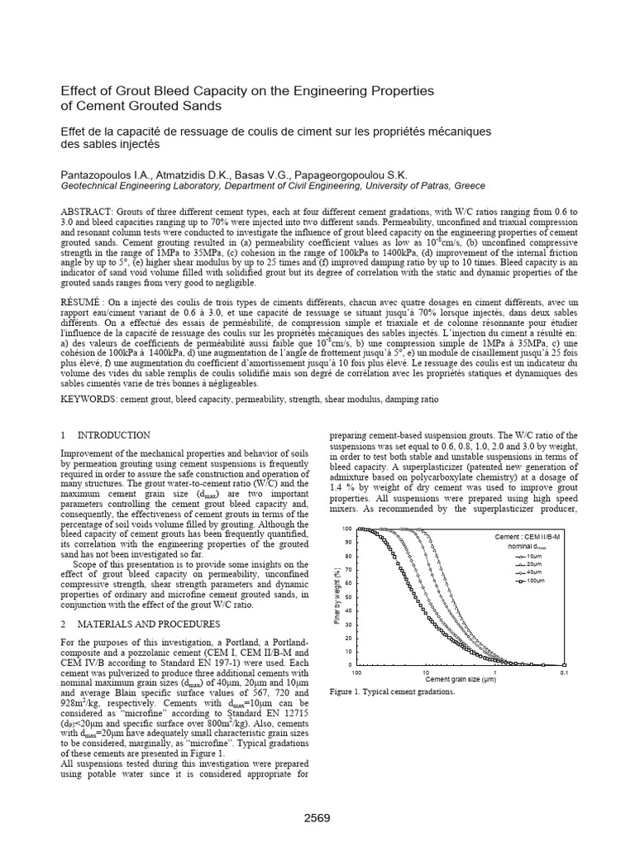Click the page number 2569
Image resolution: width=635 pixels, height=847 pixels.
click(x=317, y=818)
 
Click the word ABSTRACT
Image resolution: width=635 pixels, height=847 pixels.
click(x=87, y=212)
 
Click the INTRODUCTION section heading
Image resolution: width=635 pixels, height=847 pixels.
click(x=113, y=435)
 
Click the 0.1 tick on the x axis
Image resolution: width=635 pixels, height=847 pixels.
click(x=563, y=672)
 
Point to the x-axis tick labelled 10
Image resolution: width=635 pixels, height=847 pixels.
click(x=425, y=672)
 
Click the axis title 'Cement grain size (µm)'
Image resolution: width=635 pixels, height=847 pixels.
click(x=461, y=679)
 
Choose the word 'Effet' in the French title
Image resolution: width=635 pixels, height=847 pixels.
click(x=75, y=131)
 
